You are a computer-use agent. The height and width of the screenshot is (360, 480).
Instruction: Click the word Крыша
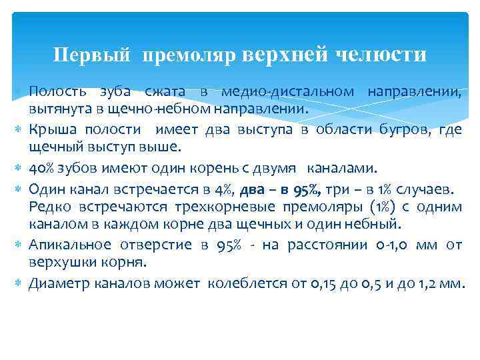click(x=51, y=129)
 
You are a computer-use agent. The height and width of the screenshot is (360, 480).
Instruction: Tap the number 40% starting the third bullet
click(x=43, y=167)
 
